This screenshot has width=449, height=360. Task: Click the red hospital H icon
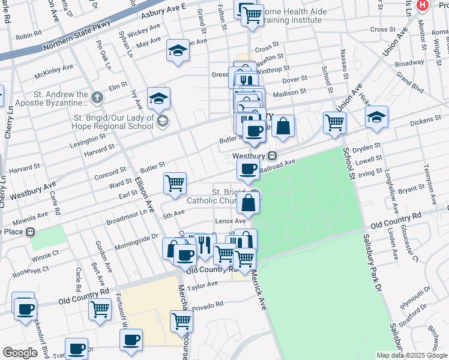[x=423, y=5]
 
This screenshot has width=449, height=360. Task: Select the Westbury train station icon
[x=272, y=155]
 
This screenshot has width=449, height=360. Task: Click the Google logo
[x=19, y=353]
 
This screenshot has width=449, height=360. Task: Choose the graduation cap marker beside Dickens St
[x=376, y=117]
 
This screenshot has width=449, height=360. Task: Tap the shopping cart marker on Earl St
[x=175, y=183]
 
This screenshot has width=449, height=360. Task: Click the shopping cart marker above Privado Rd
[x=181, y=321]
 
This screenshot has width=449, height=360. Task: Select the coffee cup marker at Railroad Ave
[x=248, y=169]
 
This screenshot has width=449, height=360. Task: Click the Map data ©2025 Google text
[x=411, y=355]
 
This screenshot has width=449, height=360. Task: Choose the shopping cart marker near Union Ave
[x=335, y=122]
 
